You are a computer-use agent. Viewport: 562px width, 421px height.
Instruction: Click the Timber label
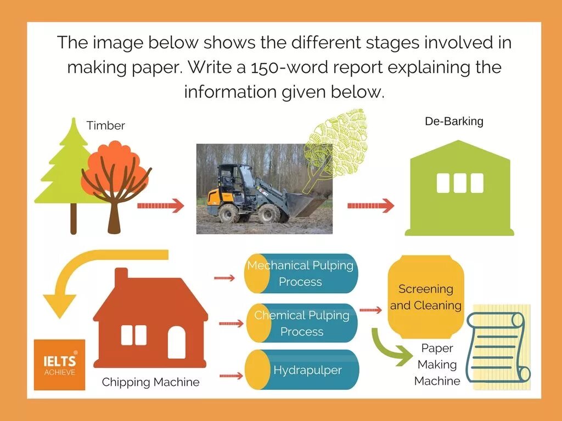coord(106,126)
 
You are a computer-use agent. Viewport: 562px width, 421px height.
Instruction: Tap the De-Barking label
coord(454,121)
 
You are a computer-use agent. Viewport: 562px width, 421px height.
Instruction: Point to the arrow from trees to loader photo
coord(160,206)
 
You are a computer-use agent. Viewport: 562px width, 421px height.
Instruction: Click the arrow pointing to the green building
coord(370,206)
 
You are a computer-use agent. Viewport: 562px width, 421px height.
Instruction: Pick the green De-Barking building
coord(460,189)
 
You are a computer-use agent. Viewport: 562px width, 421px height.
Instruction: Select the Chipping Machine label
coord(151,382)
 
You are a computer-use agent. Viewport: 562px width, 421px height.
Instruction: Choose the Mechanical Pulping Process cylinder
coord(301,274)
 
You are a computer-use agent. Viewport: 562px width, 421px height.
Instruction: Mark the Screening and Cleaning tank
coord(426,297)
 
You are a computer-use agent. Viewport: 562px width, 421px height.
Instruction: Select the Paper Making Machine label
coord(437,365)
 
